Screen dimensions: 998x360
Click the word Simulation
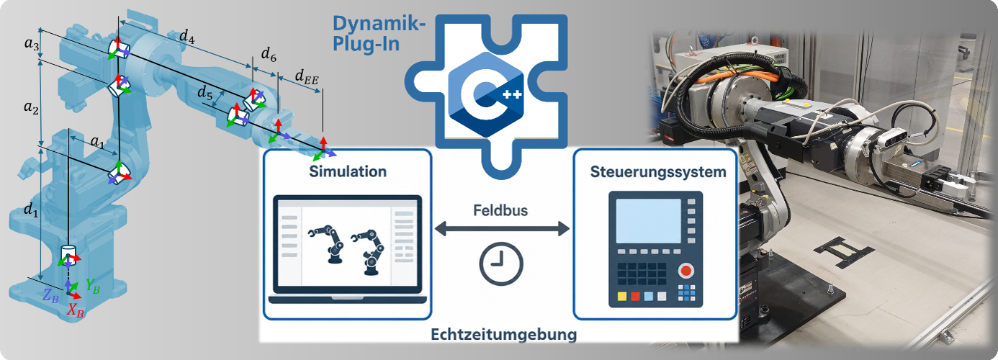(x=348, y=171)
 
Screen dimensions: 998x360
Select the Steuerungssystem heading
(x=658, y=172)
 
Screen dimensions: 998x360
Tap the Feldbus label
(x=500, y=210)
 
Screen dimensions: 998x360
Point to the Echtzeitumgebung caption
(x=503, y=334)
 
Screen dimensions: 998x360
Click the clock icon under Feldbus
(x=501, y=264)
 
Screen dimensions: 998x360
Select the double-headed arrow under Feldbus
(x=502, y=229)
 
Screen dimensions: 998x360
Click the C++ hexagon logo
(x=485, y=94)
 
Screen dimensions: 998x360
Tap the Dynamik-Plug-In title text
(x=379, y=34)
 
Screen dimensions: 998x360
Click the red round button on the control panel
(x=686, y=271)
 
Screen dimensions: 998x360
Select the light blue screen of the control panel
(x=648, y=221)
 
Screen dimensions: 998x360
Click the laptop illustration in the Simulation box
(x=347, y=250)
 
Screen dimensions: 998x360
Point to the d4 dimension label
(x=187, y=37)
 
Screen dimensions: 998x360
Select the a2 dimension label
(x=31, y=107)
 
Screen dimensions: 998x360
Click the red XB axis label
(x=76, y=310)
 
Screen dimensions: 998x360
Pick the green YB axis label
(x=93, y=286)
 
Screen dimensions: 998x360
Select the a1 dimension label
(x=97, y=142)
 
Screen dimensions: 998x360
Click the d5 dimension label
(x=205, y=93)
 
